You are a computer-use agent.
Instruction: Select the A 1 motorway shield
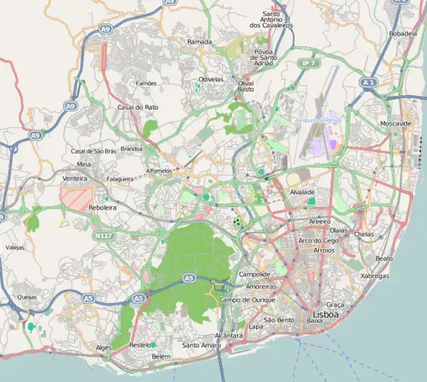(x=368, y=83)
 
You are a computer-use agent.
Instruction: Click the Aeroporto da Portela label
(x=317, y=120)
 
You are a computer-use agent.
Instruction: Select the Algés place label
(x=104, y=347)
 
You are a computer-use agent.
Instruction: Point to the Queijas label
(x=27, y=298)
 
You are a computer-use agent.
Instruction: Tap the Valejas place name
(x=15, y=248)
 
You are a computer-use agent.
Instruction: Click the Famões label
(x=146, y=83)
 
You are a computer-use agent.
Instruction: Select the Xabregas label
(x=376, y=275)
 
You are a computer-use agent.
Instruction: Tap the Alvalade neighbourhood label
(x=302, y=192)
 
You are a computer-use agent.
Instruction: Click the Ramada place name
(x=199, y=42)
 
